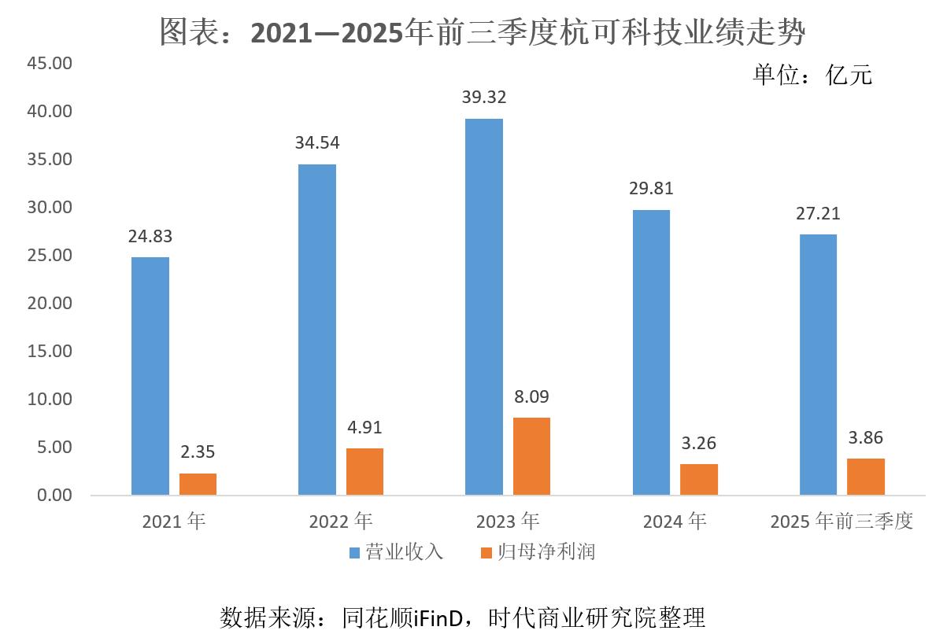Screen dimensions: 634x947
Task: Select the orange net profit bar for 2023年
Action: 531,456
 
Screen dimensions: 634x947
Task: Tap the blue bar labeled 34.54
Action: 316,330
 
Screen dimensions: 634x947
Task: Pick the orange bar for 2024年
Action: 699,479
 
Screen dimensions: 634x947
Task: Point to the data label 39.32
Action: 484,98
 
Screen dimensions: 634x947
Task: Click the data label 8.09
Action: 531,396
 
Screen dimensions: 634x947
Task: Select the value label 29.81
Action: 651,189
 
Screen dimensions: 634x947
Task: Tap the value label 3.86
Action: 866,437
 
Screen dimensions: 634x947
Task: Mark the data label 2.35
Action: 198,452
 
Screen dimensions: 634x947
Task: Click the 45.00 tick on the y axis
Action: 50,63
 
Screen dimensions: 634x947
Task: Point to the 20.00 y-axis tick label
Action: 50,304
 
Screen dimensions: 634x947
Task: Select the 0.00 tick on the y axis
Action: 54,496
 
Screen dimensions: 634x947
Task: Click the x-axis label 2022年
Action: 341,521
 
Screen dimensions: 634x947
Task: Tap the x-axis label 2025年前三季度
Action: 842,521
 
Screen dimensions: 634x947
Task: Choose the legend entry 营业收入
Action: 398,551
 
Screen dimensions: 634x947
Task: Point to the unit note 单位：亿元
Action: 812,75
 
